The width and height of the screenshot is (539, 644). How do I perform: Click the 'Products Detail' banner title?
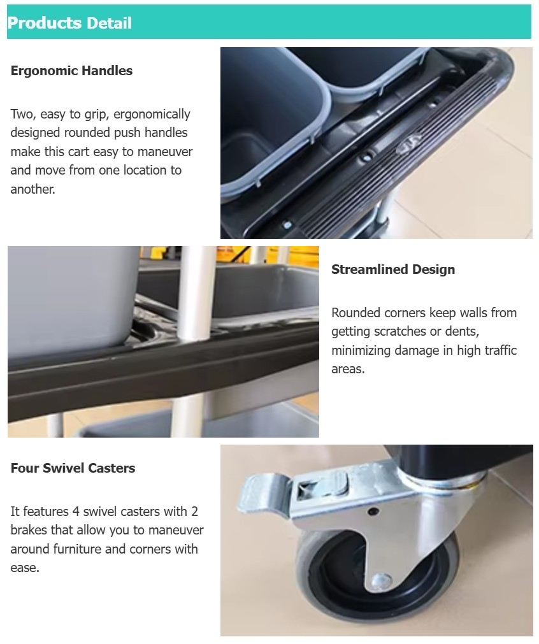coord(69,23)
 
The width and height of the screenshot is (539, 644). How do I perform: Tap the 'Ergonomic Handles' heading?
coord(71,71)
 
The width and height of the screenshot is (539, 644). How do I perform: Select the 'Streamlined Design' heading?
coord(393,269)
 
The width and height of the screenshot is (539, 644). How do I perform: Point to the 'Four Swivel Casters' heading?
coord(73,468)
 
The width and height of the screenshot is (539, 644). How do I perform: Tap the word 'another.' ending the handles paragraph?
coord(32,189)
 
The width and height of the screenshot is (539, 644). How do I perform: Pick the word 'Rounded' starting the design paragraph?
coord(356,313)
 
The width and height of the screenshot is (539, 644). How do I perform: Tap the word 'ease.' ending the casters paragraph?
coord(25,568)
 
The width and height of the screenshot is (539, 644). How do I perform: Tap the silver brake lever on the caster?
coord(268,497)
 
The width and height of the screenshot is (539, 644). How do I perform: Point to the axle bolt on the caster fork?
coord(382,581)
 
